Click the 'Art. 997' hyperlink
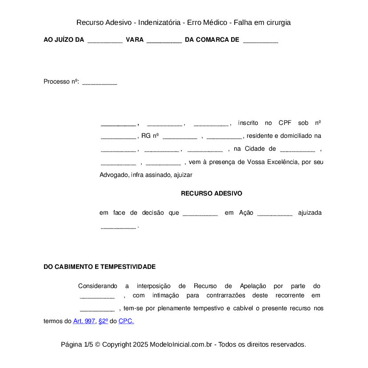click(84, 321)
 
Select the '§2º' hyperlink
click(103, 321)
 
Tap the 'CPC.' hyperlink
click(126, 321)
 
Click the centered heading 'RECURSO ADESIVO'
click(212, 193)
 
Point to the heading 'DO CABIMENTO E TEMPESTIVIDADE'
click(100, 267)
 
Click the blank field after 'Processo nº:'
click(100, 82)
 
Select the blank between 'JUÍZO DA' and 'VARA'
click(105, 40)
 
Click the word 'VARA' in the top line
click(135, 40)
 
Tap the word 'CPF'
click(285, 123)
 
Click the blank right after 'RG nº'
click(180, 136)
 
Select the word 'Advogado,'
click(114, 175)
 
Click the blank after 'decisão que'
click(200, 213)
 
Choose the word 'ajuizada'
click(310, 213)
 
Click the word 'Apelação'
click(253, 286)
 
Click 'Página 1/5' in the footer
click(77, 344)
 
